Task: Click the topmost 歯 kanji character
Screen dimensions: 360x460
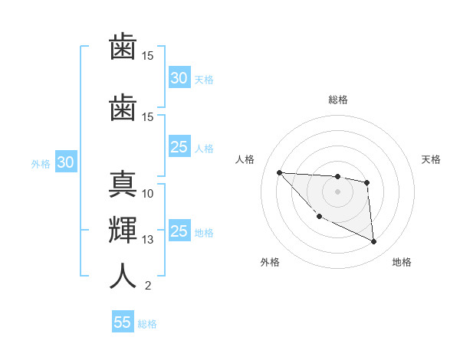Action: (123, 48)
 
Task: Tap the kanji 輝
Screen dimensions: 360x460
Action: (123, 230)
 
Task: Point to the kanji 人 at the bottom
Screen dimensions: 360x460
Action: (123, 276)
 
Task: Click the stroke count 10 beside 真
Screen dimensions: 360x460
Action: (148, 193)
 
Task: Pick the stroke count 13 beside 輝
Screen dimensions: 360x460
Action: (148, 240)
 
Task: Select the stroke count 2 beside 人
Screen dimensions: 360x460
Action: (147, 286)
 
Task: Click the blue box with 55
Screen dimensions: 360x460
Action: (123, 322)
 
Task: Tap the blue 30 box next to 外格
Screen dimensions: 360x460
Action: (65, 162)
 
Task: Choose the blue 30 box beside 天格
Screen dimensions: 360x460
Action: (179, 78)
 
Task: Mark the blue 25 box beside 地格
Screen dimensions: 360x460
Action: (179, 231)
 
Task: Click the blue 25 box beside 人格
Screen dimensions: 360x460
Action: (179, 147)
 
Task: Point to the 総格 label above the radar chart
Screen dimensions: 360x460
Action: (337, 100)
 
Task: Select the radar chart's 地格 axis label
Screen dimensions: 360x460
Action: (402, 262)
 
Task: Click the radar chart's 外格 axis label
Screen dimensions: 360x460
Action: (270, 262)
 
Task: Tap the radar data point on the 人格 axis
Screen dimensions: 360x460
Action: (279, 172)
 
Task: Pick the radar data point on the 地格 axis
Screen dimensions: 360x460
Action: (374, 242)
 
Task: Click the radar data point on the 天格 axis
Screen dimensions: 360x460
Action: (367, 182)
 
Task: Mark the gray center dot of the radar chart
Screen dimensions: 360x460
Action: (337, 191)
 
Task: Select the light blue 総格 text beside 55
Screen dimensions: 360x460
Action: (147, 324)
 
